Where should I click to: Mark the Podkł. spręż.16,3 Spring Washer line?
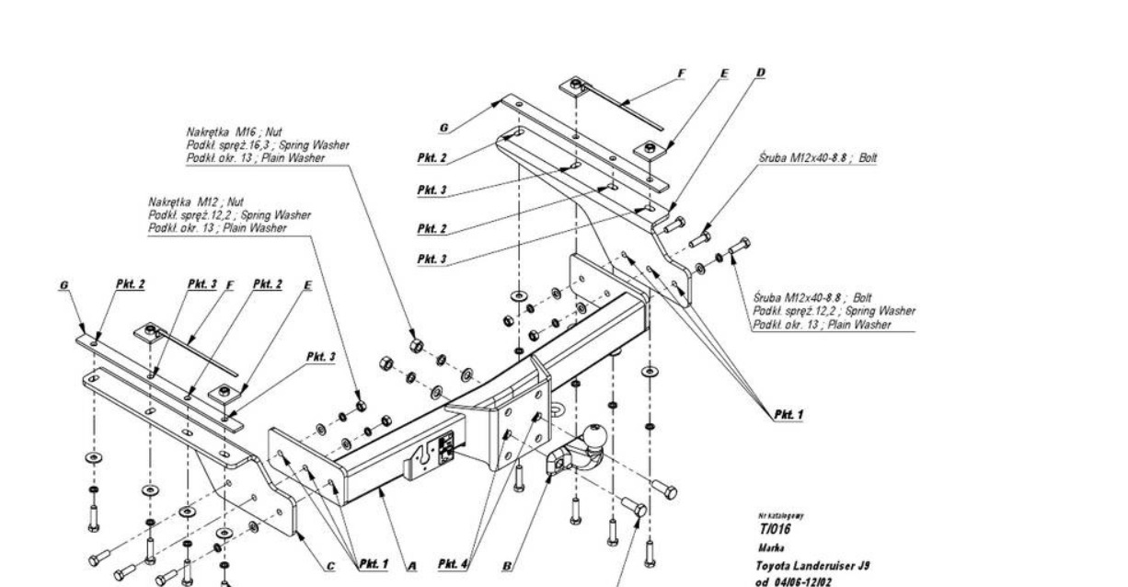coord(266,144)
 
